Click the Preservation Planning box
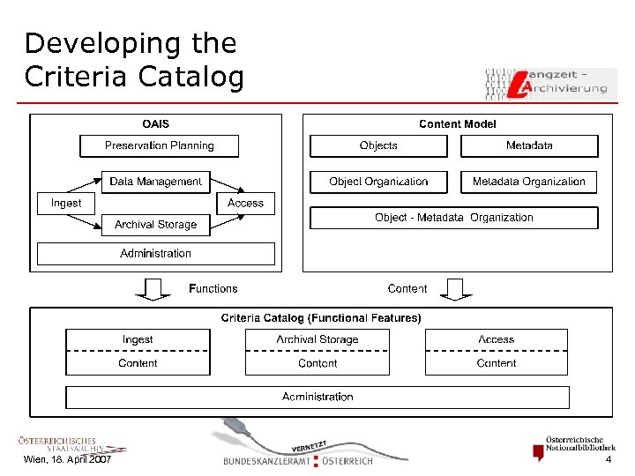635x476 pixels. pyautogui.click(x=160, y=145)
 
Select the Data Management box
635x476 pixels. pyautogui.click(x=155, y=182)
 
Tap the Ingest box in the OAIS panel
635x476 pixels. pyautogui.click(x=66, y=203)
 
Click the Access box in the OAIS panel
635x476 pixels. pyautogui.click(x=245, y=203)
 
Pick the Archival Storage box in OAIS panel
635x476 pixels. pyautogui.click(x=155, y=225)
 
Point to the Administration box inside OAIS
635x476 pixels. pyautogui.click(x=155, y=254)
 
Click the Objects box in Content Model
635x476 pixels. pyautogui.click(x=378, y=145)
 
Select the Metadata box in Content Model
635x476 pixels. pyautogui.click(x=529, y=145)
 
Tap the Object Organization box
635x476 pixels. pyautogui.click(x=378, y=182)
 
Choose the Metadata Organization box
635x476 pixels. pyautogui.click(x=528, y=182)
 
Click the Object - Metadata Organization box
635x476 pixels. pyautogui.click(x=453, y=218)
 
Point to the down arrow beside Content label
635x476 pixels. pyautogui.click(x=456, y=288)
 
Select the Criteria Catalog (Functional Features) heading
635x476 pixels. pyautogui.click(x=321, y=317)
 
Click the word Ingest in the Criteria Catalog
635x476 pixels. pyautogui.click(x=138, y=339)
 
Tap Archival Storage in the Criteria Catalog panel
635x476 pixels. pyautogui.click(x=317, y=339)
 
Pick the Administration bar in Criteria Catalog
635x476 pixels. pyautogui.click(x=317, y=397)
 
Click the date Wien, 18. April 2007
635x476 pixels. pyautogui.click(x=67, y=460)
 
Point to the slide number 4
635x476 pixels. pyautogui.click(x=608, y=460)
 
